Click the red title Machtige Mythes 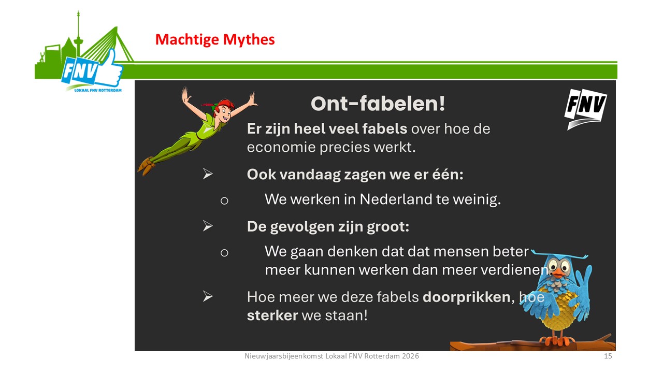[x=215, y=39]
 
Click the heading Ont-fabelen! [x=378, y=104]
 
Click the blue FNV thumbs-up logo [x=92, y=69]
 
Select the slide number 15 [x=608, y=356]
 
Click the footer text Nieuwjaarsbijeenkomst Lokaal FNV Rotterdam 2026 [x=331, y=356]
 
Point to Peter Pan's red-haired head [x=223, y=110]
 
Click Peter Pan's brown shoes [x=146, y=166]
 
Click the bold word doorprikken [x=467, y=297]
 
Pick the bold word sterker [x=272, y=315]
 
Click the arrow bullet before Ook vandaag [x=208, y=174]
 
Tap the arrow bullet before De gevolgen [x=208, y=226]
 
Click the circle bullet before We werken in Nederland [x=224, y=200]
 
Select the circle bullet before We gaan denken [x=224, y=253]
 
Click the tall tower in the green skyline [x=78, y=36]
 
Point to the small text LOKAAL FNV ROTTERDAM [x=98, y=90]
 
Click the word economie [x=281, y=148]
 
